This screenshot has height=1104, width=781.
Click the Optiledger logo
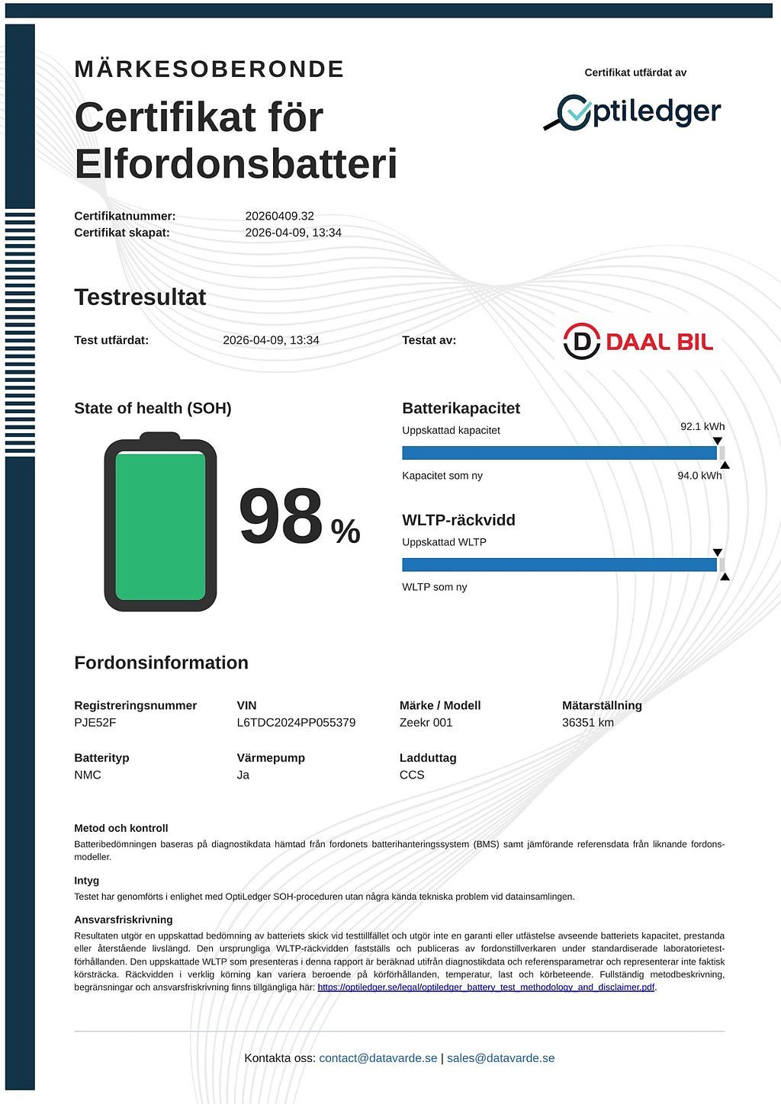[x=632, y=112]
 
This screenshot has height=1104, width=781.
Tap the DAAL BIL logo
[x=638, y=341]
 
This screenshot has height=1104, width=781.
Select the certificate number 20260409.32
[x=279, y=216]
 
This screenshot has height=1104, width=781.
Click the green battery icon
[x=160, y=523]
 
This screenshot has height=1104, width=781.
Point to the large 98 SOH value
[x=281, y=518]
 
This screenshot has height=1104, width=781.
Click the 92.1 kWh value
[x=702, y=426]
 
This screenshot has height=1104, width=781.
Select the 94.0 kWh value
[x=699, y=475]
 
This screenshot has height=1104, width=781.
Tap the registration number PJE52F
[x=95, y=722]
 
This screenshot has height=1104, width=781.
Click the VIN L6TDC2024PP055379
[x=296, y=722]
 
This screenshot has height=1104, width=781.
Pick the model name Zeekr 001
[x=426, y=722]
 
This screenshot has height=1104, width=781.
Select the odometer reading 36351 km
[x=587, y=722]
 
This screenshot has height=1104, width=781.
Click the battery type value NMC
[x=88, y=775]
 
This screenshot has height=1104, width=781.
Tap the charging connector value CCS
[x=412, y=775]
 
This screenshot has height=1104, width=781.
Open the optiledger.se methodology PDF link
[x=486, y=987]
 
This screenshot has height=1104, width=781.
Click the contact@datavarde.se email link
[x=378, y=1057]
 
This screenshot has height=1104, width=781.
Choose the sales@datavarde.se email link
[x=500, y=1057]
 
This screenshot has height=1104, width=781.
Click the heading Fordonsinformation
[x=161, y=663]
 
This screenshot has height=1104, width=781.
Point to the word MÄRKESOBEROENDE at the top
[x=209, y=69]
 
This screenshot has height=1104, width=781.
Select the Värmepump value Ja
[x=243, y=775]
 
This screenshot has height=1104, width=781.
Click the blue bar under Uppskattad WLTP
[x=559, y=565]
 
